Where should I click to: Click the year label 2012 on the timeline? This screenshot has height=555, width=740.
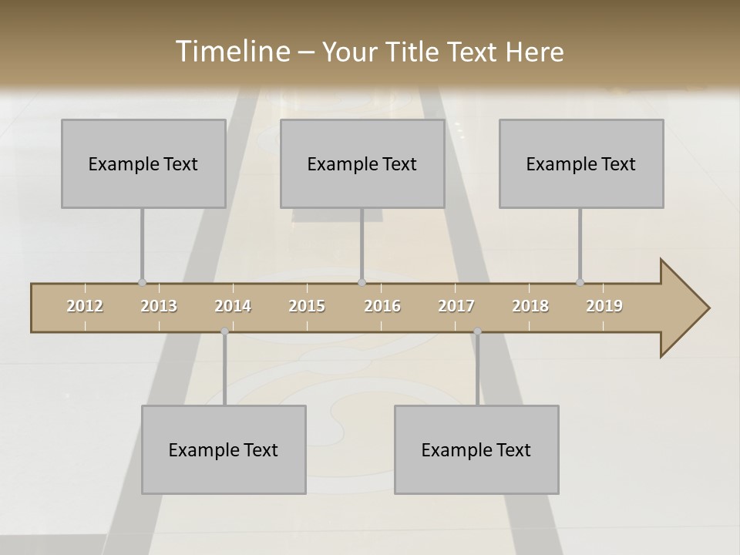[85, 306]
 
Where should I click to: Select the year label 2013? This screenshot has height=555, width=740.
[159, 306]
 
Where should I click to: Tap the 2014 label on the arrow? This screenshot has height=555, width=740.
[233, 306]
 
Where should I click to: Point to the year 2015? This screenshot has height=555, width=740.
[307, 306]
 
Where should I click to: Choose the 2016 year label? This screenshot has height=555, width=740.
[382, 306]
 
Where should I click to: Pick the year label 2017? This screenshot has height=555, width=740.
[456, 306]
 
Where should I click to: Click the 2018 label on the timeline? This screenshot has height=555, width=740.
[530, 306]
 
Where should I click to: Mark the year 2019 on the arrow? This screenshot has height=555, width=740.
[604, 306]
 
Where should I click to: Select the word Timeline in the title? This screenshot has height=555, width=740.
[231, 52]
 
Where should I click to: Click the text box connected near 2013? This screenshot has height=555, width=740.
[143, 163]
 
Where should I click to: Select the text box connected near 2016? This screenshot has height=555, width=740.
[362, 163]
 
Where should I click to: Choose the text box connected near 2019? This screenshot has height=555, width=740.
[581, 163]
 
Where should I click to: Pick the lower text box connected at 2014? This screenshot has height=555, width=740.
[224, 449]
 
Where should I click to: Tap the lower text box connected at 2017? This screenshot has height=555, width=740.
[476, 449]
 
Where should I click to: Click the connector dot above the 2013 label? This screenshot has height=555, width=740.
[142, 282]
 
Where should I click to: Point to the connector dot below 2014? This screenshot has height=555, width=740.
[224, 331]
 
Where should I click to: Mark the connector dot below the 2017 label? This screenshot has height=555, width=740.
[477, 331]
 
